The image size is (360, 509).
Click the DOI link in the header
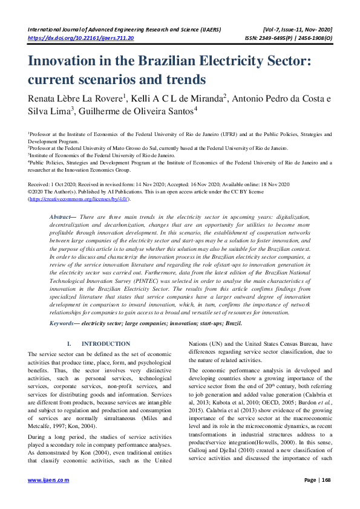[x=81, y=37]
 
